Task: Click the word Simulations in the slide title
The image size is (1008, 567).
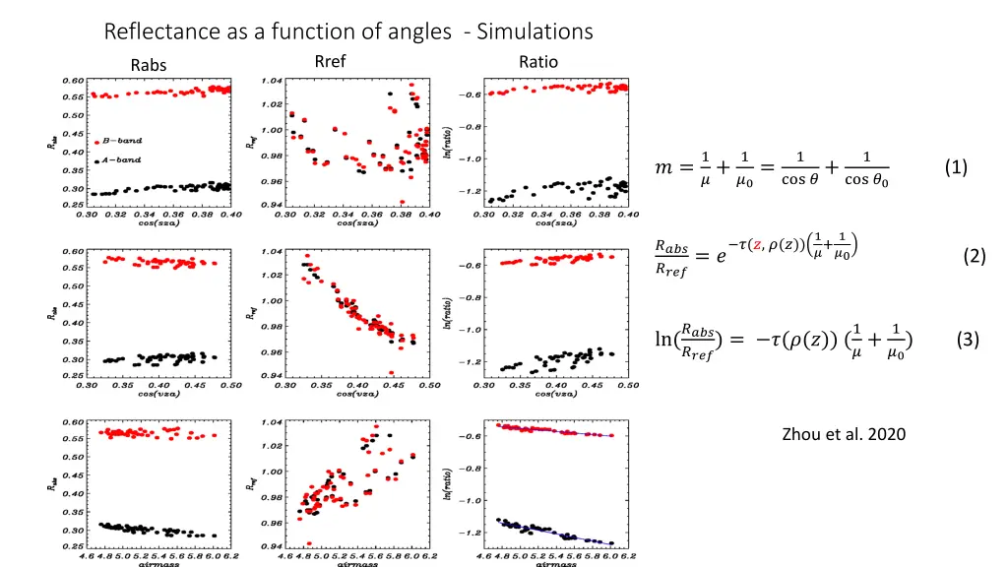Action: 535,31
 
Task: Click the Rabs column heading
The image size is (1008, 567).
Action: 149,66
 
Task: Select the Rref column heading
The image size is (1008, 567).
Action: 330,61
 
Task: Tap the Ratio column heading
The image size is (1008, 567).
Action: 538,61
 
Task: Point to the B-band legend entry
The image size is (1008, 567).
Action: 121,142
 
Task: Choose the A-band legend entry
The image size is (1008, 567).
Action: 121,159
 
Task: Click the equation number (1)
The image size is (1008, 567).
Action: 954,167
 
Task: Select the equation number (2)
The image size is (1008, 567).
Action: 975,256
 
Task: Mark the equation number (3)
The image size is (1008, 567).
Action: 967,341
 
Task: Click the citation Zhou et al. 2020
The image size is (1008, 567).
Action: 844,434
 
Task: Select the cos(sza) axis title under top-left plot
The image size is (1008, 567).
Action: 158,222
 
